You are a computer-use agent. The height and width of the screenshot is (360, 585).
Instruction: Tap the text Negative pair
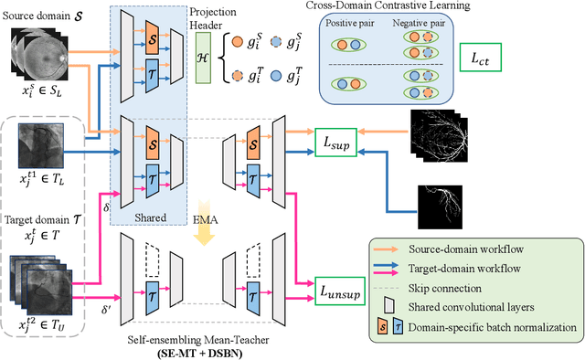[x=420, y=27]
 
